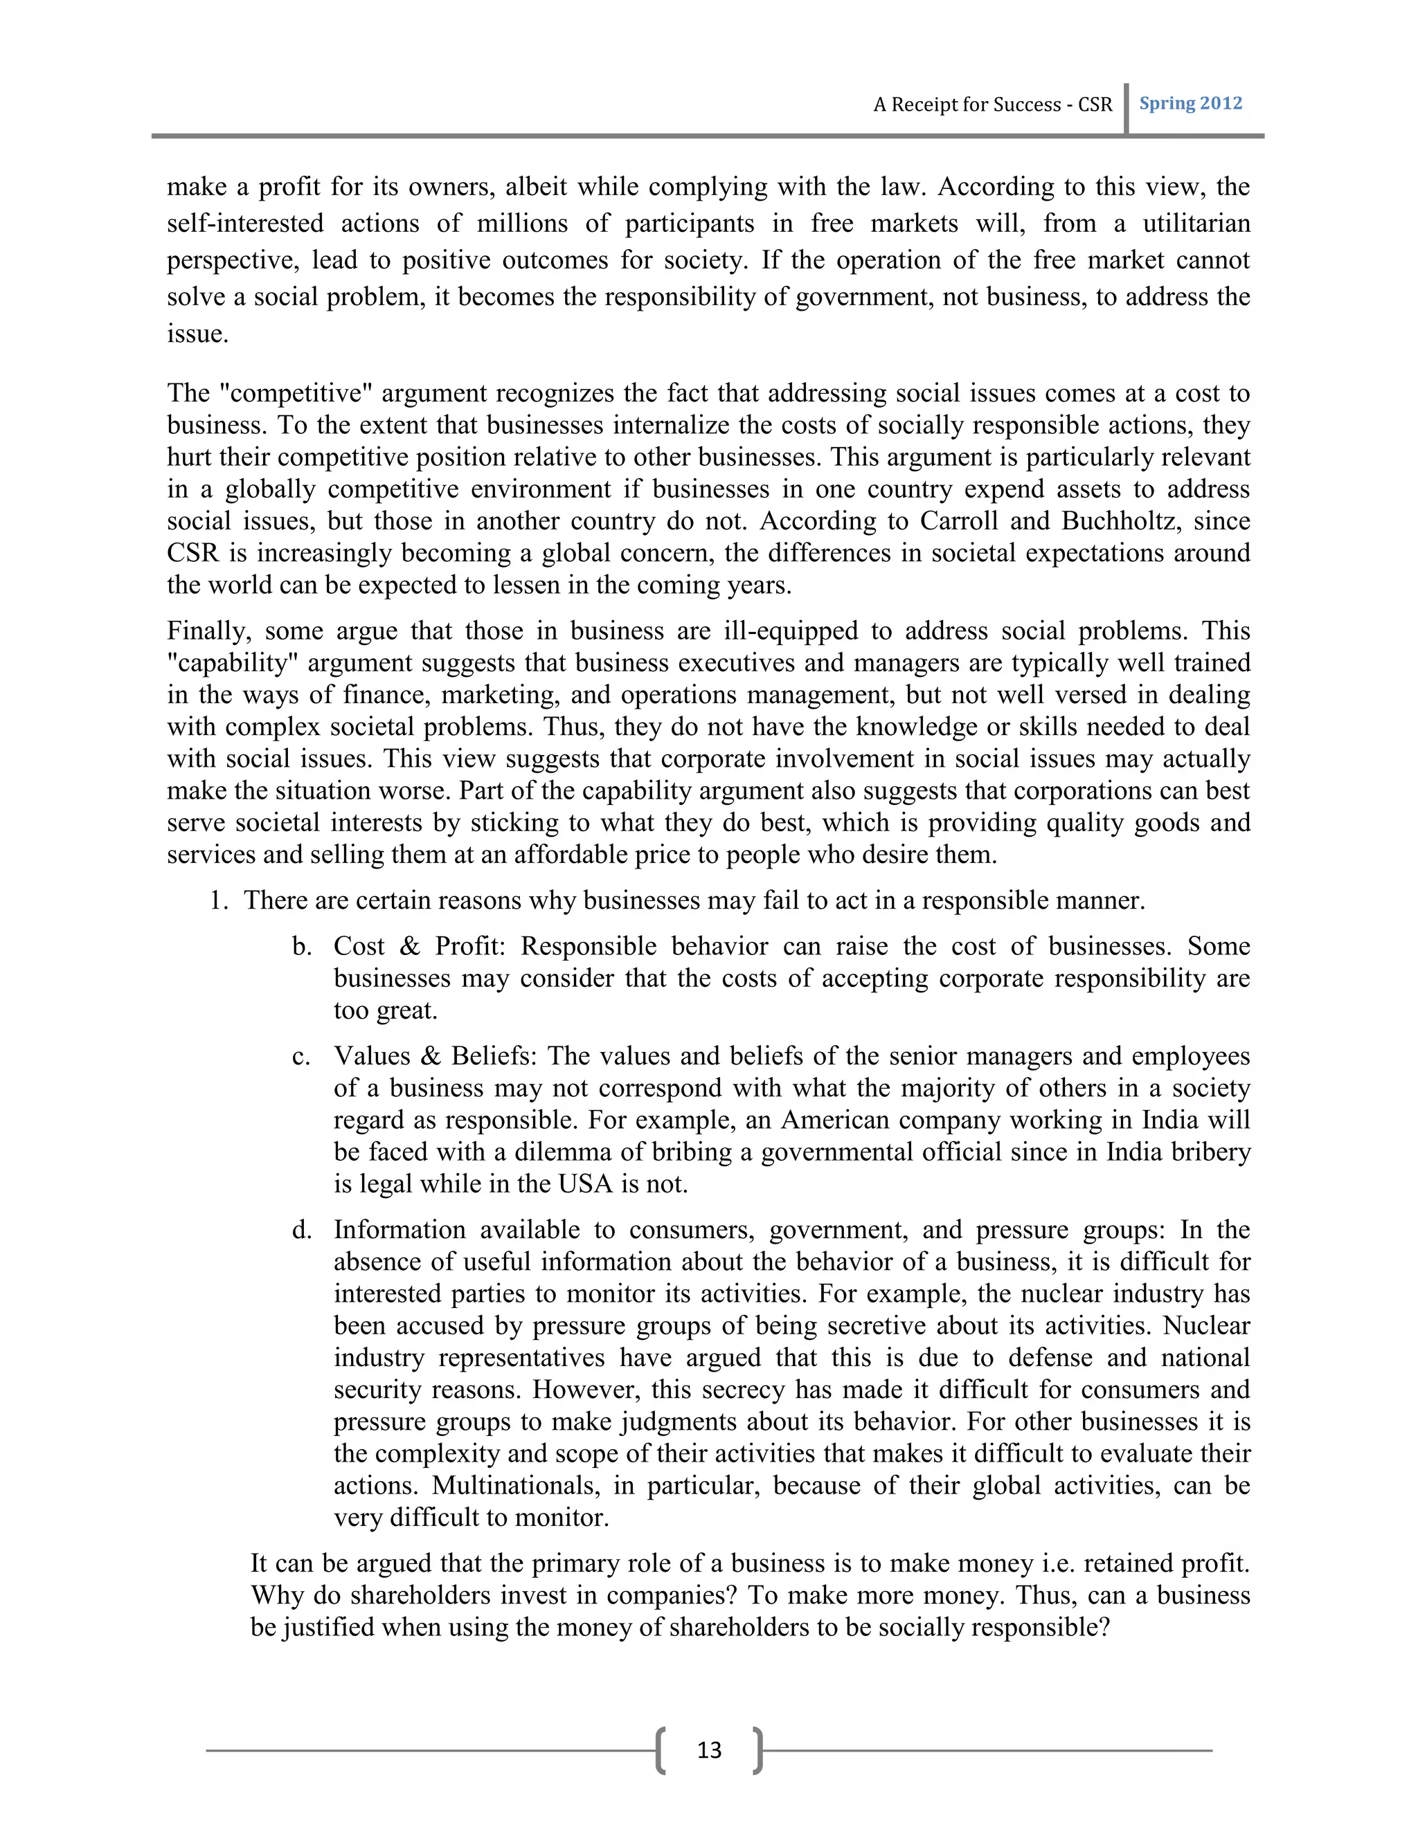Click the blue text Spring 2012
click(x=1190, y=103)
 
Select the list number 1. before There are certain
click(x=218, y=900)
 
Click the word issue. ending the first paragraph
click(x=197, y=334)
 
